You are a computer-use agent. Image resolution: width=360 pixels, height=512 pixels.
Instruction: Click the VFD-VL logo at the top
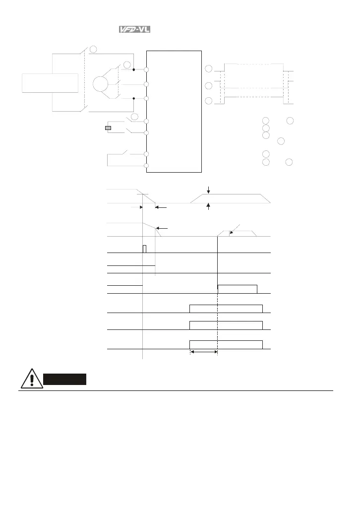134,30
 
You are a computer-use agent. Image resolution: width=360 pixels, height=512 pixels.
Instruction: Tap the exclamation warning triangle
31,379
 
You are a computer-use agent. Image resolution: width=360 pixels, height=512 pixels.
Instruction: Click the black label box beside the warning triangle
65,380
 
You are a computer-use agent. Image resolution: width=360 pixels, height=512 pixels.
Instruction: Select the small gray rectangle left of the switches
108,128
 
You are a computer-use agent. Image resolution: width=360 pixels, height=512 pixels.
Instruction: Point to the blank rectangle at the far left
50,82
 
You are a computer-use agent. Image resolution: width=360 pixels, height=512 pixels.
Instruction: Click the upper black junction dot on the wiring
134,70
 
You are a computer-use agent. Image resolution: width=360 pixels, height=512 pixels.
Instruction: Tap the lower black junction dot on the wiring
134,99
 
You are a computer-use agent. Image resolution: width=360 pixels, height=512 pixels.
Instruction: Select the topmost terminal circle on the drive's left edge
147,70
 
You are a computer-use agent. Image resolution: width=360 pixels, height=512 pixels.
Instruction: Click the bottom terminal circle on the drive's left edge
147,166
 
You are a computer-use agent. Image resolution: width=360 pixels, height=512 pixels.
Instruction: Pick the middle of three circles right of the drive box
209,86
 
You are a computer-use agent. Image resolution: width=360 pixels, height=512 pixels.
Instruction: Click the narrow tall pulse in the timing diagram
144,249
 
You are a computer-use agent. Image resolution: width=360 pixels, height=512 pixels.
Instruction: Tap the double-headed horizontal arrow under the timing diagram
204,352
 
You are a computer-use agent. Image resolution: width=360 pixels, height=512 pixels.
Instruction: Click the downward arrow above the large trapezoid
209,190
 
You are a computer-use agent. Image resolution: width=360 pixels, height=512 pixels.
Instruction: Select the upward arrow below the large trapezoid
209,207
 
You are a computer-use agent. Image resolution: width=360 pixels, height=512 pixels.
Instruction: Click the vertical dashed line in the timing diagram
218,322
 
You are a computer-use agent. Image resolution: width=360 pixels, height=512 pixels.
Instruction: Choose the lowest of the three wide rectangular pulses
226,345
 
